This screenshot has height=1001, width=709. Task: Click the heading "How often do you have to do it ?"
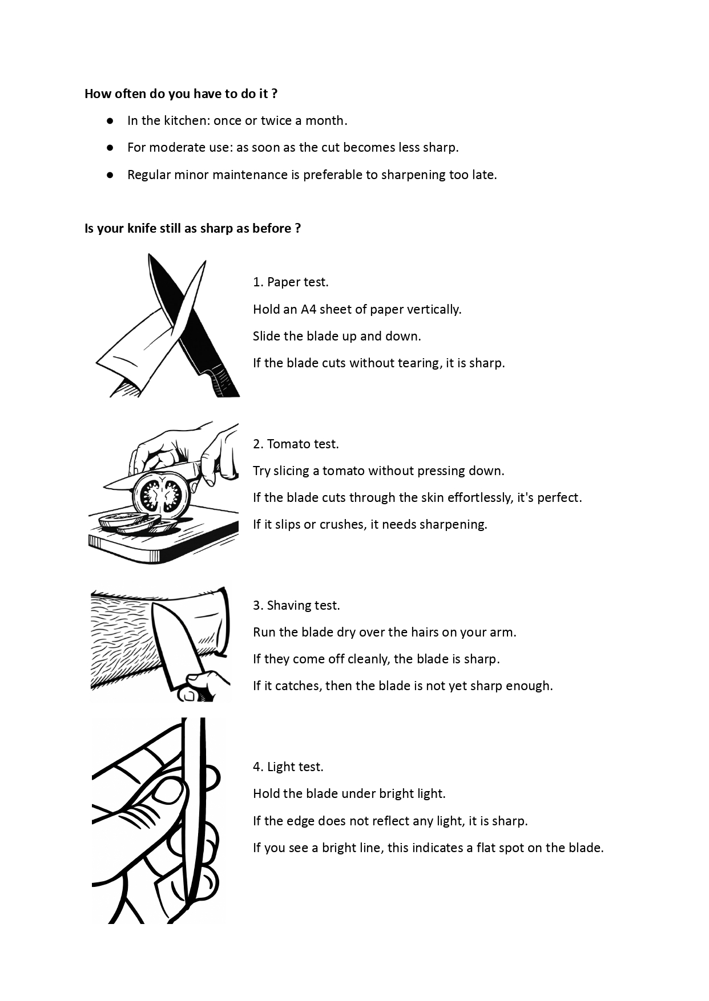pyautogui.click(x=181, y=94)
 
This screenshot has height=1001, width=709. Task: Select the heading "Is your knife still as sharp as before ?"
pyautogui.click(x=192, y=228)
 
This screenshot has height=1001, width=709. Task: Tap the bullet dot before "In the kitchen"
pyautogui.click(x=110, y=121)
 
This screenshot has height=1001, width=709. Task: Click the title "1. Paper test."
pyautogui.click(x=291, y=282)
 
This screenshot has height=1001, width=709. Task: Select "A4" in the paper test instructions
pyautogui.click(x=308, y=309)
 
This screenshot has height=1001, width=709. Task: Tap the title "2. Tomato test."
pyautogui.click(x=296, y=444)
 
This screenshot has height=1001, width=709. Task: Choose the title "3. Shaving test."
pyautogui.click(x=296, y=605)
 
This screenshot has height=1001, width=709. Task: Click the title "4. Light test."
pyautogui.click(x=288, y=767)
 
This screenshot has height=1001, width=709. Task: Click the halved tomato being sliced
pyautogui.click(x=160, y=495)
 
